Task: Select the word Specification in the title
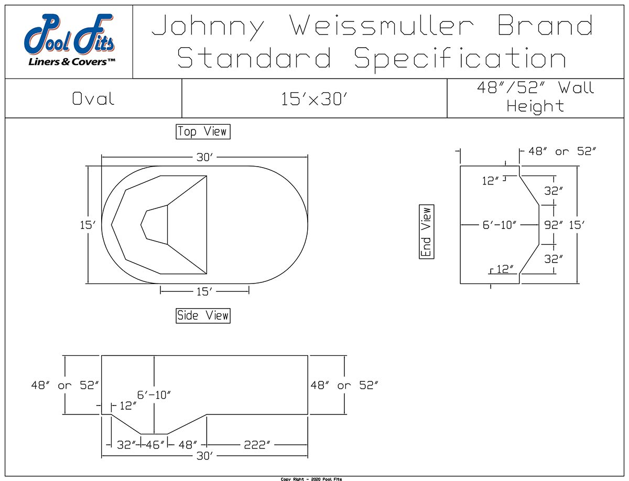pos(460,58)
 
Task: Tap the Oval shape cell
pos(93,99)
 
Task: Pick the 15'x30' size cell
pos(314,99)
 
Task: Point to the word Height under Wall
pos(535,106)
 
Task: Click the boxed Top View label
pos(203,132)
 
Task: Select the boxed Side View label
pos(203,315)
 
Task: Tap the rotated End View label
pos(427,232)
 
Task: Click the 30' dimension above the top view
pos(204,157)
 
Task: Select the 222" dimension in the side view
pos(257,445)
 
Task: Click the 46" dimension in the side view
pos(154,445)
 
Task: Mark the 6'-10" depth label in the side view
pos(155,395)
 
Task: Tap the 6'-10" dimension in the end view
pos(500,225)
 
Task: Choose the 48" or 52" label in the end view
pos(562,151)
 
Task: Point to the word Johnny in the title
pos(208,26)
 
